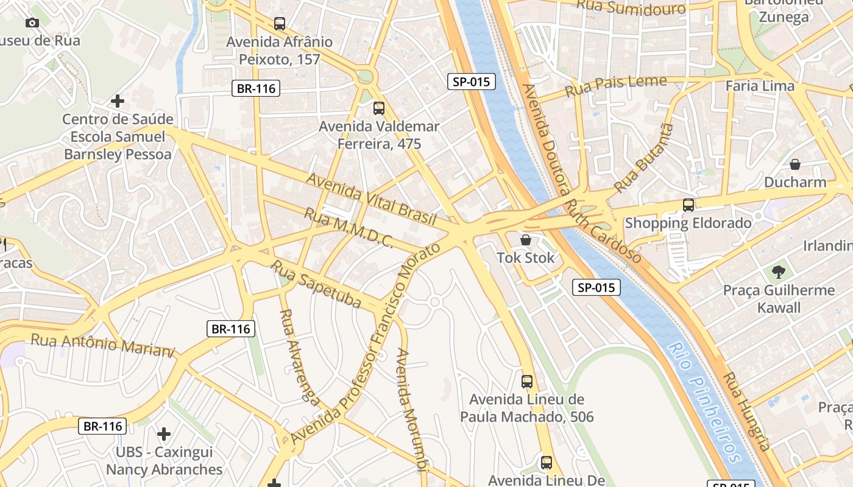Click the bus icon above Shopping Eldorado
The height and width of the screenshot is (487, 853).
click(x=688, y=205)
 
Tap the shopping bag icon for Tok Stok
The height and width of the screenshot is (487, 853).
click(x=526, y=240)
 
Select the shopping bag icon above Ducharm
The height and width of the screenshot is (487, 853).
click(x=795, y=164)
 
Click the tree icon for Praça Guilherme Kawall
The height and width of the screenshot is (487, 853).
click(x=778, y=272)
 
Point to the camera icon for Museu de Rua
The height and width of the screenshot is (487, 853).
click(x=32, y=23)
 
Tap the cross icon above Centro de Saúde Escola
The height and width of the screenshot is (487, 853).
click(x=118, y=100)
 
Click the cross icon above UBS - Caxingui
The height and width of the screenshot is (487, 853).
click(x=164, y=434)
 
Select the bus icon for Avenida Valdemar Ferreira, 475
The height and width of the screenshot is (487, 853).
click(x=379, y=108)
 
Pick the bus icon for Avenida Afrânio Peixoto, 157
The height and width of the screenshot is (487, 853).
click(x=280, y=24)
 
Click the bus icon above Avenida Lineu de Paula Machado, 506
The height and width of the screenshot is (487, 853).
click(x=527, y=382)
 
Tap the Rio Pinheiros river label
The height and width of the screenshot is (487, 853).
click(x=704, y=402)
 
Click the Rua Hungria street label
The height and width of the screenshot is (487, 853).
click(x=747, y=411)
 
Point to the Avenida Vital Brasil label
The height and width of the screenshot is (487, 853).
click(x=371, y=199)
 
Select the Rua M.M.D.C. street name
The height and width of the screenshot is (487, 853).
click(x=349, y=228)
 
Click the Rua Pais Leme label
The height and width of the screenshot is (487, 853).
click(x=615, y=86)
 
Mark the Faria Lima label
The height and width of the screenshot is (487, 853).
click(x=760, y=86)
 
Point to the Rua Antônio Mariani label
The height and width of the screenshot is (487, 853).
click(x=102, y=344)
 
